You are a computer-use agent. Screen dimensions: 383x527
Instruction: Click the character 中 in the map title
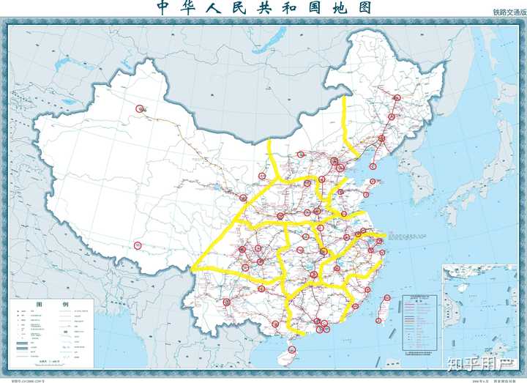pos(163,8)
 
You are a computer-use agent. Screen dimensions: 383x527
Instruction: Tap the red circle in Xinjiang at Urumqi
pos(139,111)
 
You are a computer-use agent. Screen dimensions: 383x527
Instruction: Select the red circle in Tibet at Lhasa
pos(137,245)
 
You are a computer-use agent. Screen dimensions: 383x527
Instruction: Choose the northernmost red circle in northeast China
pos(397,98)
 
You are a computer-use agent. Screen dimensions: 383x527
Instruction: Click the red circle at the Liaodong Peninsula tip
pos(373,165)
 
